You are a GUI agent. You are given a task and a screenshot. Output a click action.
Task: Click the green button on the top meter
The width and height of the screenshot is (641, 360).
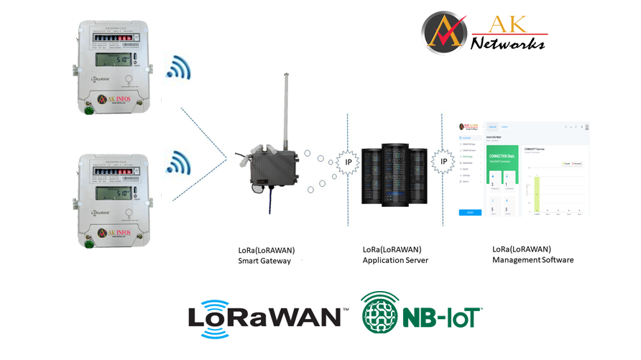(89, 110)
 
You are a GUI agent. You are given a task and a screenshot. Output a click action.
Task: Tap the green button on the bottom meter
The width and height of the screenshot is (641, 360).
(89, 244)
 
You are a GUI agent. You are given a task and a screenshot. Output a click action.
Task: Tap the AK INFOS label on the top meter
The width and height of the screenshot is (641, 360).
(114, 99)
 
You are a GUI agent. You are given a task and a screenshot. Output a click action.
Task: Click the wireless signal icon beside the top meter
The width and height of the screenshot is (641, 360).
(178, 68)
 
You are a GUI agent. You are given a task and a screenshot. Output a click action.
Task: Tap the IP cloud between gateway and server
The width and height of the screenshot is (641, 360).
(349, 162)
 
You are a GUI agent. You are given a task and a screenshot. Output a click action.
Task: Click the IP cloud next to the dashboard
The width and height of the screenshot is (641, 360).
(443, 162)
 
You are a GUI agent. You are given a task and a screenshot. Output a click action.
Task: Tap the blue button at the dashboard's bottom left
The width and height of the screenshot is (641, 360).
(470, 213)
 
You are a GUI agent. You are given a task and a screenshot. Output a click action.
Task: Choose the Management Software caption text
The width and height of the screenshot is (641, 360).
(532, 259)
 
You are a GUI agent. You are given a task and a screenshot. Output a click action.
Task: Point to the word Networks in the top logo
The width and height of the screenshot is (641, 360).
(507, 44)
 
